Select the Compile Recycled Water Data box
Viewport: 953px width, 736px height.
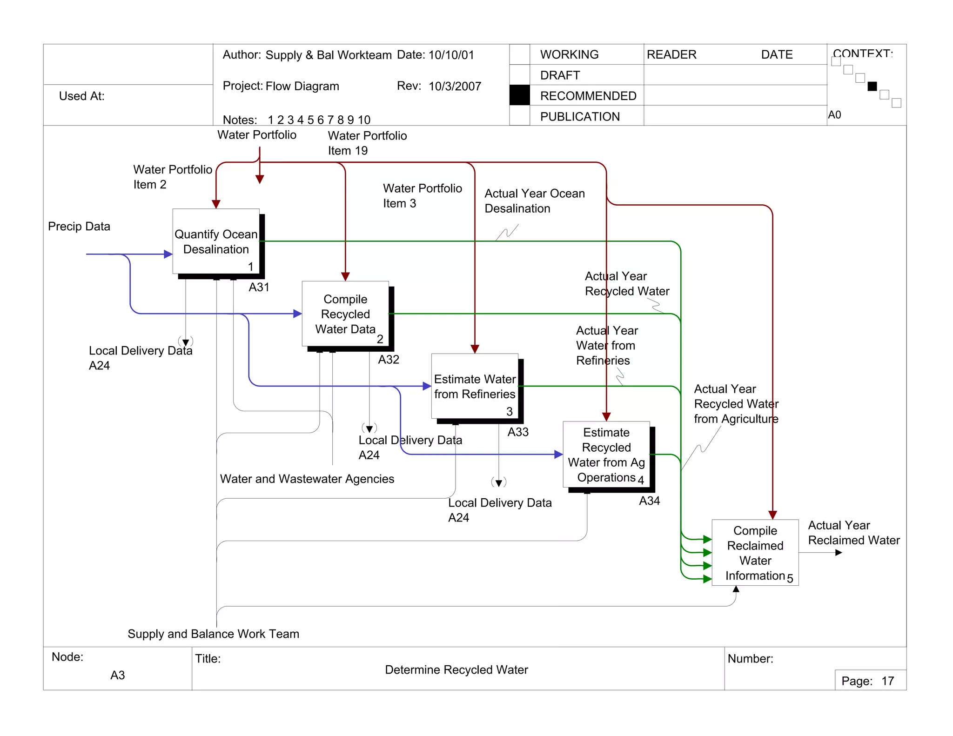[x=345, y=314]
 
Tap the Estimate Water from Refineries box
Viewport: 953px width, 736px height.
[x=475, y=387]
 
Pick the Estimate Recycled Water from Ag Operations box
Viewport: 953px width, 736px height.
[x=606, y=455]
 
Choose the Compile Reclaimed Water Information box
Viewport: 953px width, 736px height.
[x=755, y=553]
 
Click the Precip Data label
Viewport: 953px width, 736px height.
[x=79, y=227]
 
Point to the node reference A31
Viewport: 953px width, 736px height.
[x=259, y=287]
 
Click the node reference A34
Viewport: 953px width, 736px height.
[x=649, y=501]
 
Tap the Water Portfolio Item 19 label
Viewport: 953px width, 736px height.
[x=367, y=143]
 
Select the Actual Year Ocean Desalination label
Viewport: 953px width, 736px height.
[x=534, y=201]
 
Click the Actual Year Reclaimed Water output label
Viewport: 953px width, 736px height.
[x=853, y=533]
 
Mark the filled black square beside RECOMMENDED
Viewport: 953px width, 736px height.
[x=519, y=95]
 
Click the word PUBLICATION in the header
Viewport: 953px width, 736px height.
[x=580, y=116]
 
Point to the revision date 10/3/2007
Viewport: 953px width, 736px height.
[x=455, y=87]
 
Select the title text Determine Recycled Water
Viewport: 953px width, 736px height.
[x=456, y=670]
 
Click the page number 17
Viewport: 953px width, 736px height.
[x=887, y=681]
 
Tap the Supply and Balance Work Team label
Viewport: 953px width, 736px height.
[x=213, y=634]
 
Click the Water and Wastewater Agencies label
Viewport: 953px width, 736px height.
[x=307, y=479]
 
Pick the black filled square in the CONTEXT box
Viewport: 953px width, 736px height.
[x=872, y=86]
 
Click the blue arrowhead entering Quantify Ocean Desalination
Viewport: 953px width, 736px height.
[x=168, y=254]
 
